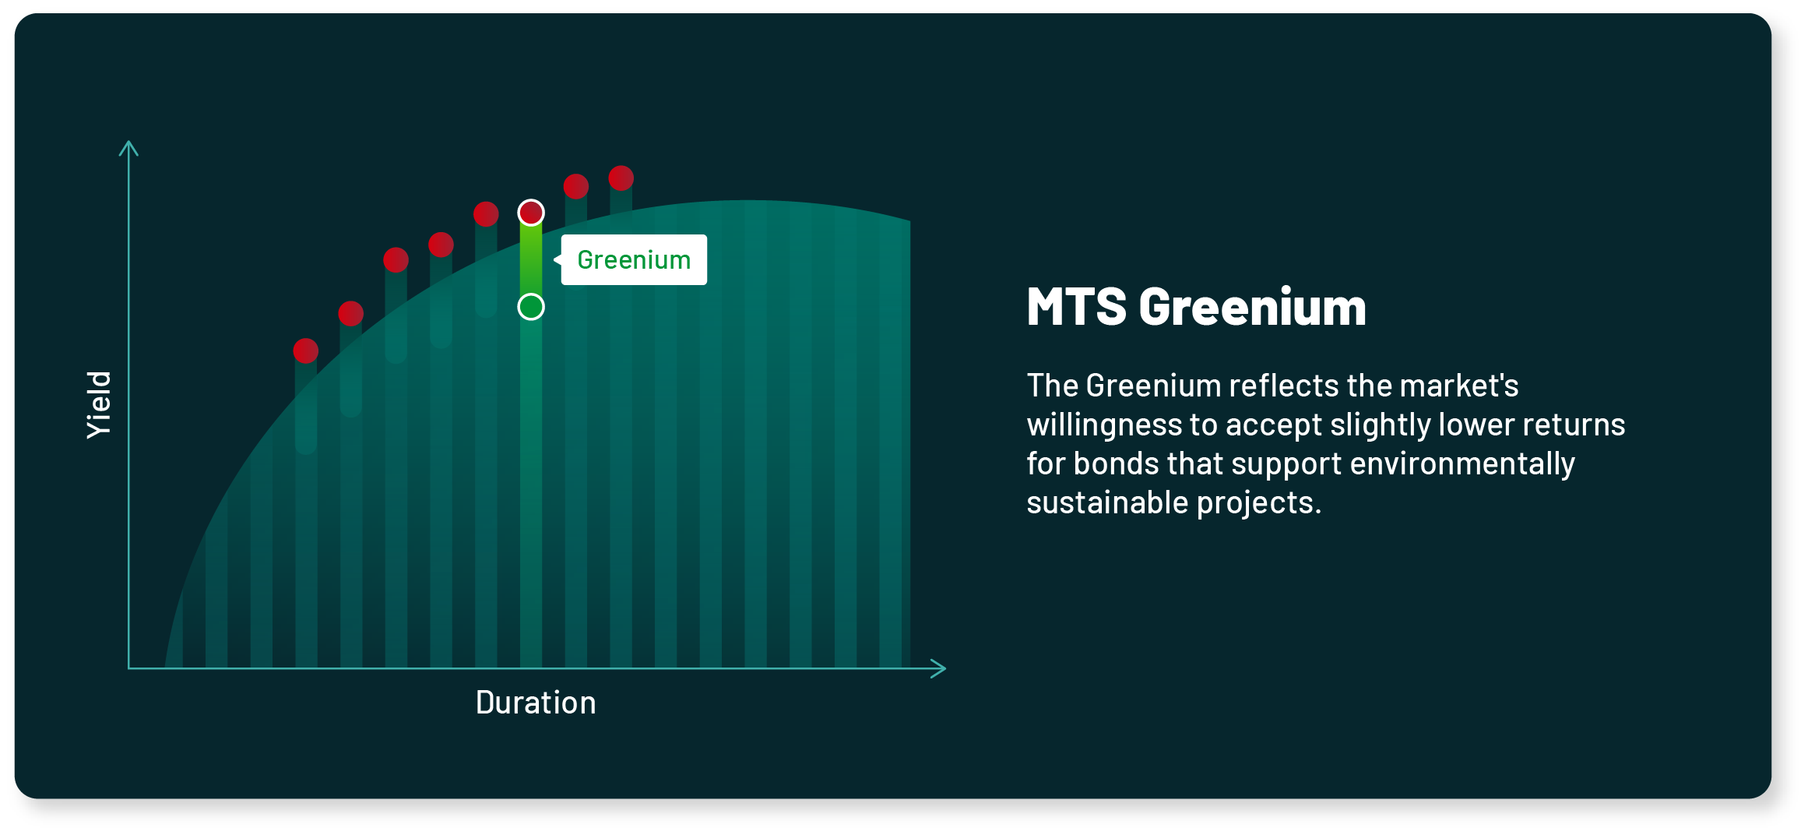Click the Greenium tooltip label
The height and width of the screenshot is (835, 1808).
pos(634,260)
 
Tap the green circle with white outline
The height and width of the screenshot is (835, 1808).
pos(531,307)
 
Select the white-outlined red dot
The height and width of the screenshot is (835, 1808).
pos(531,213)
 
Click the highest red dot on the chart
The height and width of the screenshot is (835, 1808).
pos(621,178)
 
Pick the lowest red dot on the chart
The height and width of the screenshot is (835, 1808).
pos(306,351)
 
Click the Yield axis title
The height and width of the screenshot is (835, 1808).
pos(100,404)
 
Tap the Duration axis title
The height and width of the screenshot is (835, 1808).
pos(536,703)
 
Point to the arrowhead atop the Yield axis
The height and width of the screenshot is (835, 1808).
pos(128,147)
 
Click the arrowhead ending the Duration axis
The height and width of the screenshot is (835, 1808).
pos(939,668)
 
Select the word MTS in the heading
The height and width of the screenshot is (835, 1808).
pos(1076,307)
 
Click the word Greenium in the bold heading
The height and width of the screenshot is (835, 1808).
pos(1252,307)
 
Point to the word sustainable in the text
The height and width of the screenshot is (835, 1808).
pos(1106,503)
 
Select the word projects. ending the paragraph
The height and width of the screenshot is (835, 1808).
pos(1259,503)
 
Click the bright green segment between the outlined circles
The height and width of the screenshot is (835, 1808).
pos(531,259)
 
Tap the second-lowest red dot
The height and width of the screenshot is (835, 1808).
pos(351,314)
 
